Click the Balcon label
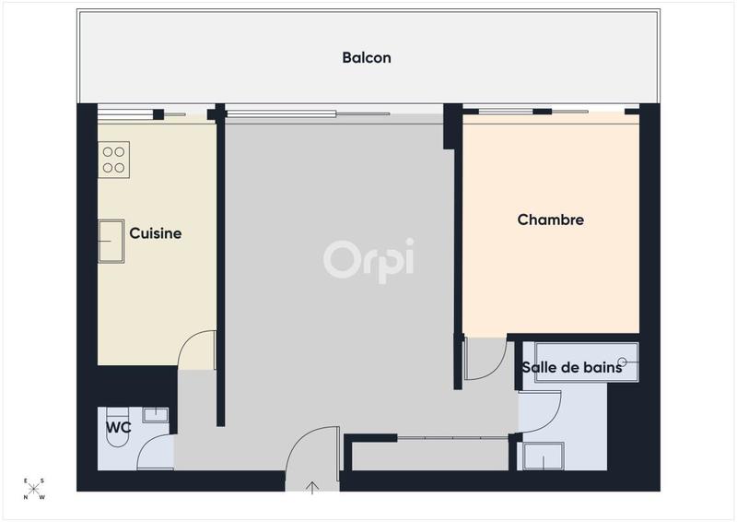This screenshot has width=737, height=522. tap(367, 57)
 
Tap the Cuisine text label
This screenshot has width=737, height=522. tap(155, 233)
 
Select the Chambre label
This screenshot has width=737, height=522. tap(551, 219)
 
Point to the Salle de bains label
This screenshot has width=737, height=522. tap(571, 368)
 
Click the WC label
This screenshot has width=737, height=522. tap(117, 428)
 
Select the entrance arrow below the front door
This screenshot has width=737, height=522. tap(311, 487)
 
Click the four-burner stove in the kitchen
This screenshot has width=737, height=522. tap(114, 159)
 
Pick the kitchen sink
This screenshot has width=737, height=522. tap(111, 241)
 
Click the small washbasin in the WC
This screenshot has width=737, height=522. tap(156, 414)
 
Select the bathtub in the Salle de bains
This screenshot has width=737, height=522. tap(580, 362)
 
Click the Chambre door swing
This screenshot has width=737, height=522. tap(484, 359)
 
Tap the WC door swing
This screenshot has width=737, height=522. tap(157, 452)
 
